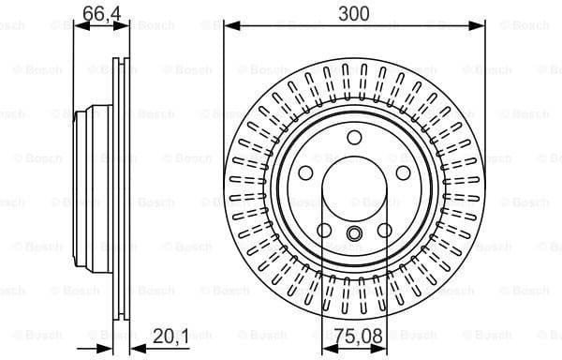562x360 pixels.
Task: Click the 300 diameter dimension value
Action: tap(354, 12)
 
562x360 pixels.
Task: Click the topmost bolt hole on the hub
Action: tap(354, 139)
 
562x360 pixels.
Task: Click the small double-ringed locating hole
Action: tap(354, 235)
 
